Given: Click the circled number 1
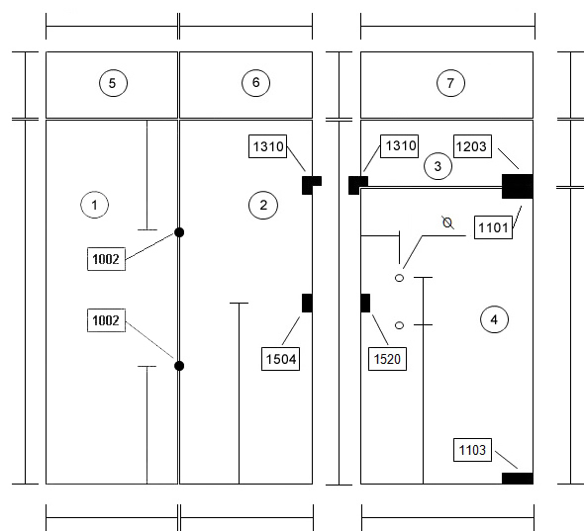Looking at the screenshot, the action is (95, 205).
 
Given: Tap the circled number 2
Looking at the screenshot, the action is (263, 205).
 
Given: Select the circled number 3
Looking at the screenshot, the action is (438, 166).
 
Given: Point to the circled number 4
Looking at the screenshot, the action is (494, 319).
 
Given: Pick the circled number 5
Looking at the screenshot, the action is (113, 83).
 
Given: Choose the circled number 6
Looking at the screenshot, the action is (256, 83).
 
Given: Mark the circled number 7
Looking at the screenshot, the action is (450, 83).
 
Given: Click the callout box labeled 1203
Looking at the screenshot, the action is (472, 146).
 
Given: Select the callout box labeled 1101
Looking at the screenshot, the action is (493, 227).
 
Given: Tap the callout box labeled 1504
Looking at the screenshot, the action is (280, 359).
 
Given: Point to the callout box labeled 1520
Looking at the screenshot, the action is (387, 359).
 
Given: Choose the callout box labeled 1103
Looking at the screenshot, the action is (472, 450).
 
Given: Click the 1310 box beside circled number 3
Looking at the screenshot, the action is (399, 146).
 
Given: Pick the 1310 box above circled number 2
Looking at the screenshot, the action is (268, 146).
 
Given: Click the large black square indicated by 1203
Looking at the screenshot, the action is (518, 186).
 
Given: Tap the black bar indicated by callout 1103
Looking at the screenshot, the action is (518, 479).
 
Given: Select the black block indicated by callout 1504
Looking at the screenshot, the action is (307, 303).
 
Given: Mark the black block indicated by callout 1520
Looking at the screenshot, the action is (365, 303).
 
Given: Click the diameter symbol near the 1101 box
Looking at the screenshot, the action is (447, 222).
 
